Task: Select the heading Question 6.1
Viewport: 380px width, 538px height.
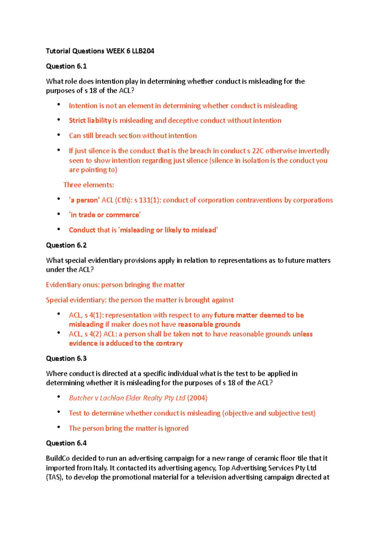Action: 66,66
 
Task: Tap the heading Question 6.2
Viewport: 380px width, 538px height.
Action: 66,245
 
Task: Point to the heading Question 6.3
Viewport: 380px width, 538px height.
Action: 66,358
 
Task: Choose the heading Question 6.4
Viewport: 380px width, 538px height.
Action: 66,443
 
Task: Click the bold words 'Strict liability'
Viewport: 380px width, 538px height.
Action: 90,120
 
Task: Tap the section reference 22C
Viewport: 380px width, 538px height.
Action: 257,151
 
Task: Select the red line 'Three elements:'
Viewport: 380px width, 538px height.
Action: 89,185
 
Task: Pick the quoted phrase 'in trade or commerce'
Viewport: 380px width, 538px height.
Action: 105,215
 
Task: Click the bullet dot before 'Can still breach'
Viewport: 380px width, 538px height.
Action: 59,135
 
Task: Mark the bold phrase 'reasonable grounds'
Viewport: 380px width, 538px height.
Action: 209,324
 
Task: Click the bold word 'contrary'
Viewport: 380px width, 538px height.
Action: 169,343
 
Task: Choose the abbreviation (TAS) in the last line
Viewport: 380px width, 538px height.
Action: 54,477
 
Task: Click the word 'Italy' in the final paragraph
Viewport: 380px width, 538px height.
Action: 100,468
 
